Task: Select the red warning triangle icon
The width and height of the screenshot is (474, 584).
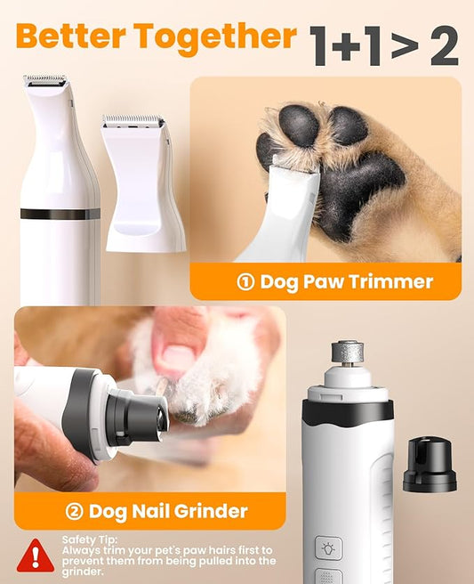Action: click(35, 555)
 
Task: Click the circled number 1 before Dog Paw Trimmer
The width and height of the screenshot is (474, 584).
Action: click(245, 282)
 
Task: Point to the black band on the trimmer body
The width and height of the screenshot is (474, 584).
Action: click(60, 214)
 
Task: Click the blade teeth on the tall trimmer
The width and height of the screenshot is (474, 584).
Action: click(44, 80)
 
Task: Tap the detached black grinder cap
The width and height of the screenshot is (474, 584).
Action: click(429, 466)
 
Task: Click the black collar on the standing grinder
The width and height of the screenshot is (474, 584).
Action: click(347, 410)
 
